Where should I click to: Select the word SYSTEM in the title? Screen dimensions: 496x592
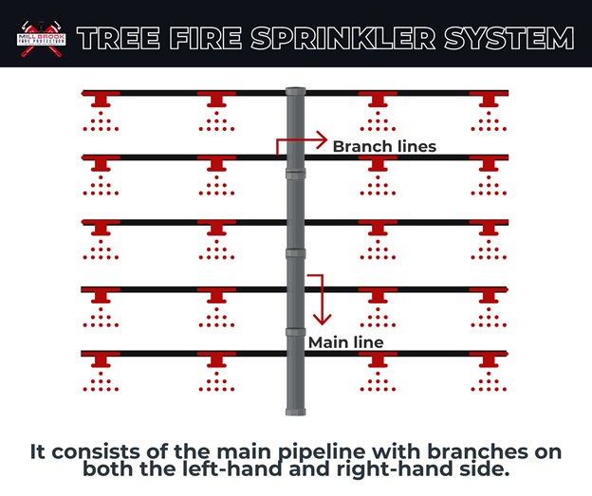click(x=517, y=39)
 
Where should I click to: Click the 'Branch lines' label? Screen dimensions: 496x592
click(x=384, y=147)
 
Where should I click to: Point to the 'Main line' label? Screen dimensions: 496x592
click(x=345, y=342)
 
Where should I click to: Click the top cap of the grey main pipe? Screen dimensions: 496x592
click(x=295, y=92)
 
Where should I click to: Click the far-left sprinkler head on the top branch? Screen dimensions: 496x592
click(x=99, y=99)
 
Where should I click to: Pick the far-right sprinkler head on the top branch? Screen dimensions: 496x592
click(x=489, y=99)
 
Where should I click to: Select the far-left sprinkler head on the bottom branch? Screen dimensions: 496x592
click(x=99, y=359)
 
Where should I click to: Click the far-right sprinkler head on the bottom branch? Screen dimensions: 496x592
click(x=489, y=359)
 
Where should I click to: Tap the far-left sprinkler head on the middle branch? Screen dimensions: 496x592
click(x=99, y=229)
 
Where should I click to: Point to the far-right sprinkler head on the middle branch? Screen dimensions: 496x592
click(x=489, y=229)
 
